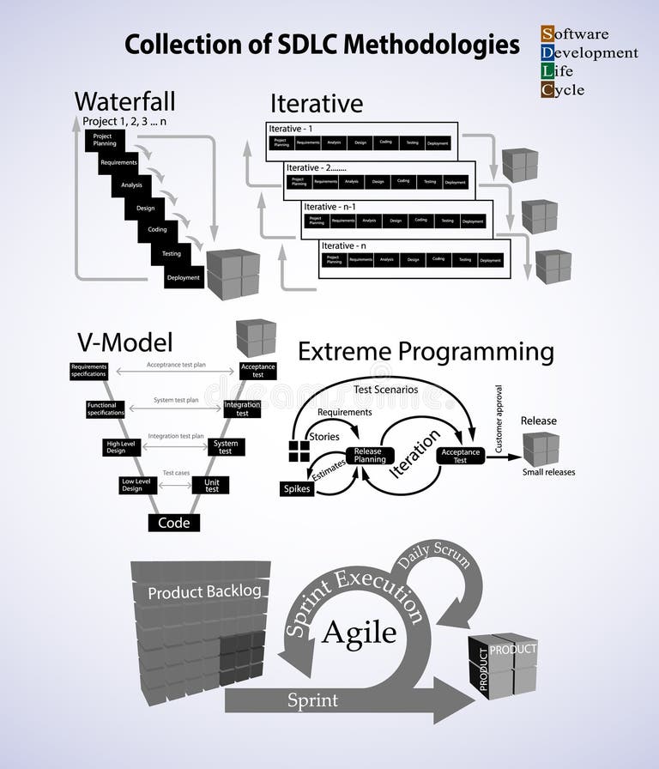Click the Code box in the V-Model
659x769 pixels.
tap(174, 523)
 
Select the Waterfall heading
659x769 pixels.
tap(124, 101)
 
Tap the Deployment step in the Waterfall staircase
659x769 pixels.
tap(184, 277)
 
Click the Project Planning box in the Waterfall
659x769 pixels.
tap(104, 140)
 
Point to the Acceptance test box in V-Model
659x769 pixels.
tap(257, 371)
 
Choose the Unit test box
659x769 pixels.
tap(211, 486)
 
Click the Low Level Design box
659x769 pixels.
tap(131, 486)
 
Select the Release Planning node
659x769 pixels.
tap(369, 456)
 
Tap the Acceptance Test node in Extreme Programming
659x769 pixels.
tap(461, 456)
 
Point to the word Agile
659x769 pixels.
tap(359, 633)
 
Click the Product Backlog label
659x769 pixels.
tap(204, 592)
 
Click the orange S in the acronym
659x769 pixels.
tap(547, 34)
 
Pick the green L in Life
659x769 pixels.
tap(547, 71)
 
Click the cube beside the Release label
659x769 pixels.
tap(541, 449)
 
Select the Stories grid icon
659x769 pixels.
tap(298, 451)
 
